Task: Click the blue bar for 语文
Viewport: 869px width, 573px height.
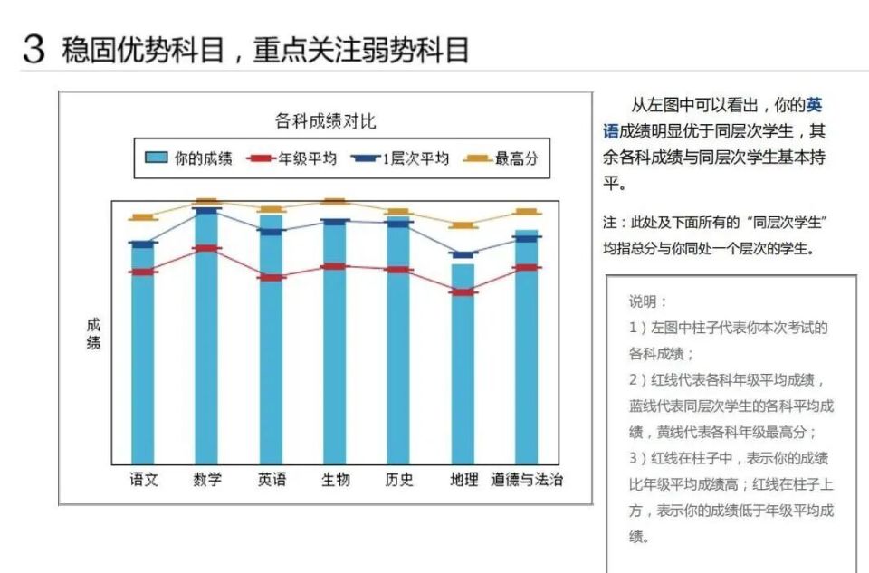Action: [143, 362]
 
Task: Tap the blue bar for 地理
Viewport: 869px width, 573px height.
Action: [463, 371]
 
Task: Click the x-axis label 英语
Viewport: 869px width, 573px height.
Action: [272, 480]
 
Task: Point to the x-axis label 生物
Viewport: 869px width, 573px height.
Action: [335, 480]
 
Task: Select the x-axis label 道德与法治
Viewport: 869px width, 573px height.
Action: [527, 480]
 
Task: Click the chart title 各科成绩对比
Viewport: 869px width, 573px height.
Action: [325, 121]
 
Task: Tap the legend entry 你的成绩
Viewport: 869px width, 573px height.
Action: [189, 158]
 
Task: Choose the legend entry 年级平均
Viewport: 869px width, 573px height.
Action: [294, 158]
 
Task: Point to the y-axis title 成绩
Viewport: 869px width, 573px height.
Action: [93, 334]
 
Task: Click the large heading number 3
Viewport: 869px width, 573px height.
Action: [34, 49]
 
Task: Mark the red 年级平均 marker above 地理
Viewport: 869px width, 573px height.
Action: [463, 292]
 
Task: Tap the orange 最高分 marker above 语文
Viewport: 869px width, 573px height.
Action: [143, 217]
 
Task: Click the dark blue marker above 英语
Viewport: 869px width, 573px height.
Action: [272, 231]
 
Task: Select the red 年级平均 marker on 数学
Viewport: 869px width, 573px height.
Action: [207, 248]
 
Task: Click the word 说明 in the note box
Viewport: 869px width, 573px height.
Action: [647, 301]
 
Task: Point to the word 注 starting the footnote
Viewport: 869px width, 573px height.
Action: [609, 223]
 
